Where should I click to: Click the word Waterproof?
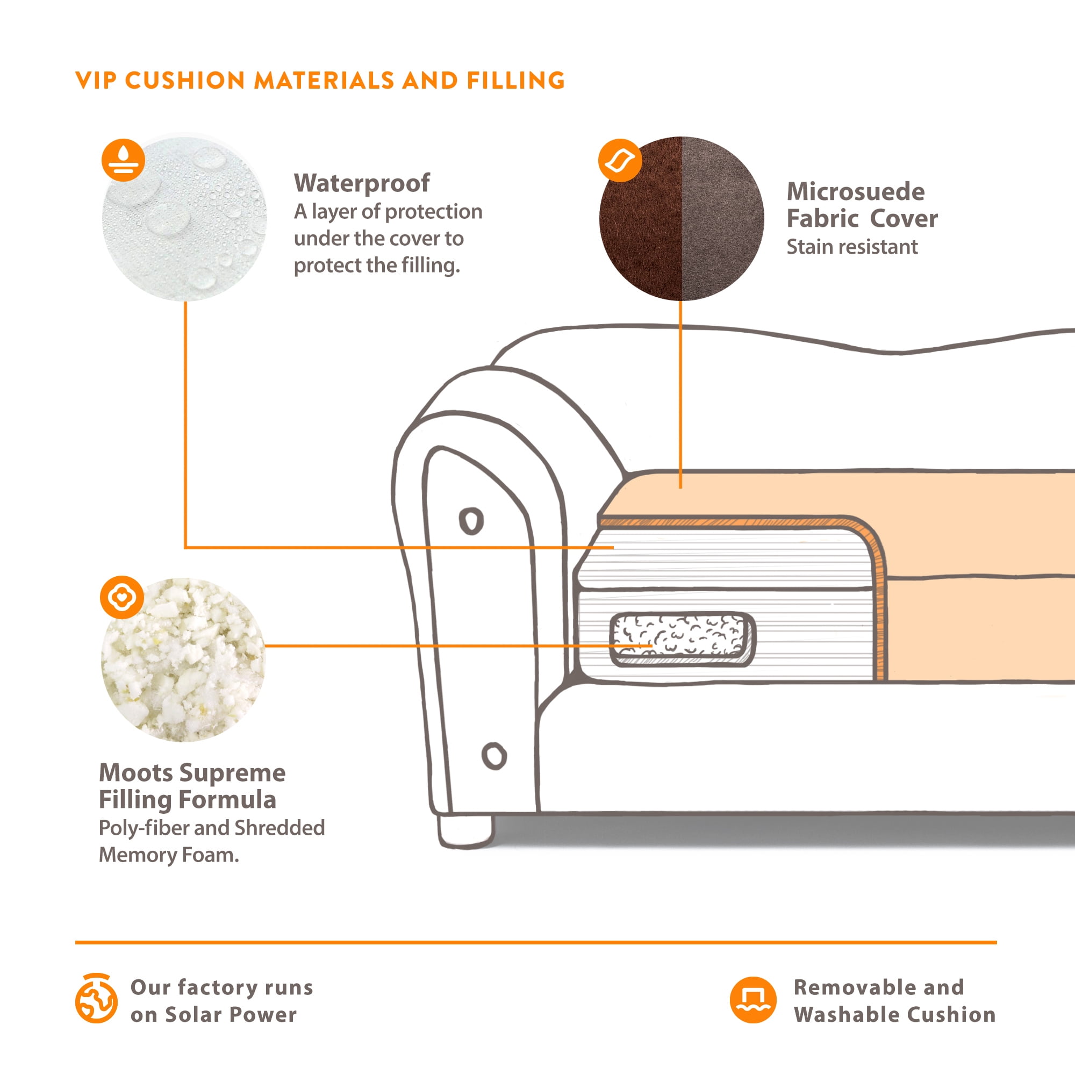click(x=362, y=183)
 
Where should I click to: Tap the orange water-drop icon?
click(x=123, y=160)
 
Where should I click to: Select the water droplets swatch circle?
click(x=184, y=218)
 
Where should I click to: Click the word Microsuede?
click(x=856, y=191)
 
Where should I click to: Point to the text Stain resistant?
click(x=852, y=247)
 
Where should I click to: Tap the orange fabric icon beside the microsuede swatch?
click(x=620, y=160)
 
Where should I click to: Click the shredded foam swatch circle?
click(x=184, y=660)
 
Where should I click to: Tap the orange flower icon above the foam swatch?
click(x=122, y=598)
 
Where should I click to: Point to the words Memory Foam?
click(x=169, y=855)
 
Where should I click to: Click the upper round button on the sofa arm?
click(x=471, y=521)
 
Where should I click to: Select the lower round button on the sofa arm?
click(x=494, y=756)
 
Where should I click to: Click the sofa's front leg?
click(x=465, y=832)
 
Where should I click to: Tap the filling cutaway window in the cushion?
click(x=682, y=639)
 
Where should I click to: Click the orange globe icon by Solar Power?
click(x=96, y=999)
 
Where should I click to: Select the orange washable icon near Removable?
click(x=753, y=1000)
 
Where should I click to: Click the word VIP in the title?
click(x=96, y=81)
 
